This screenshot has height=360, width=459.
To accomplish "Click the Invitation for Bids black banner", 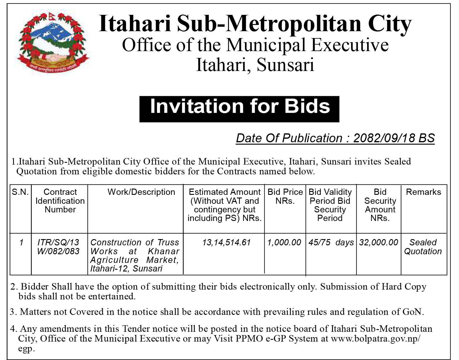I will (x=239, y=109).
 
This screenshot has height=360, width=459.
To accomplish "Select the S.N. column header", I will (x=21, y=192).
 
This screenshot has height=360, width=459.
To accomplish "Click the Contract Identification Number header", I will (x=60, y=201).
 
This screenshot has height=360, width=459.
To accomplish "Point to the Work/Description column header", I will (x=141, y=192).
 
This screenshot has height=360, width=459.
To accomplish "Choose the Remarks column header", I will (x=423, y=192).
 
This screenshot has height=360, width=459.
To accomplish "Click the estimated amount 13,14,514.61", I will (x=227, y=243).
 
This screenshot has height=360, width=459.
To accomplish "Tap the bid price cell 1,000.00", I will (x=284, y=243).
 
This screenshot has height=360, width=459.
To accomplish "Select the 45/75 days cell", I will (x=331, y=243).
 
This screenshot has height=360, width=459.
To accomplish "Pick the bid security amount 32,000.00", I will (x=378, y=243).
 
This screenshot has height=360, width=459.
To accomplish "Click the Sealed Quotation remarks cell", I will (x=423, y=247).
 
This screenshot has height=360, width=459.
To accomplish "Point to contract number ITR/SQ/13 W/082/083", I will (x=58, y=247).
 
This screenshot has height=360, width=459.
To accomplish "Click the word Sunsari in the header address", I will (x=285, y=65).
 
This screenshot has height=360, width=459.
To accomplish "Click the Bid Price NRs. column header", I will (x=285, y=196).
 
